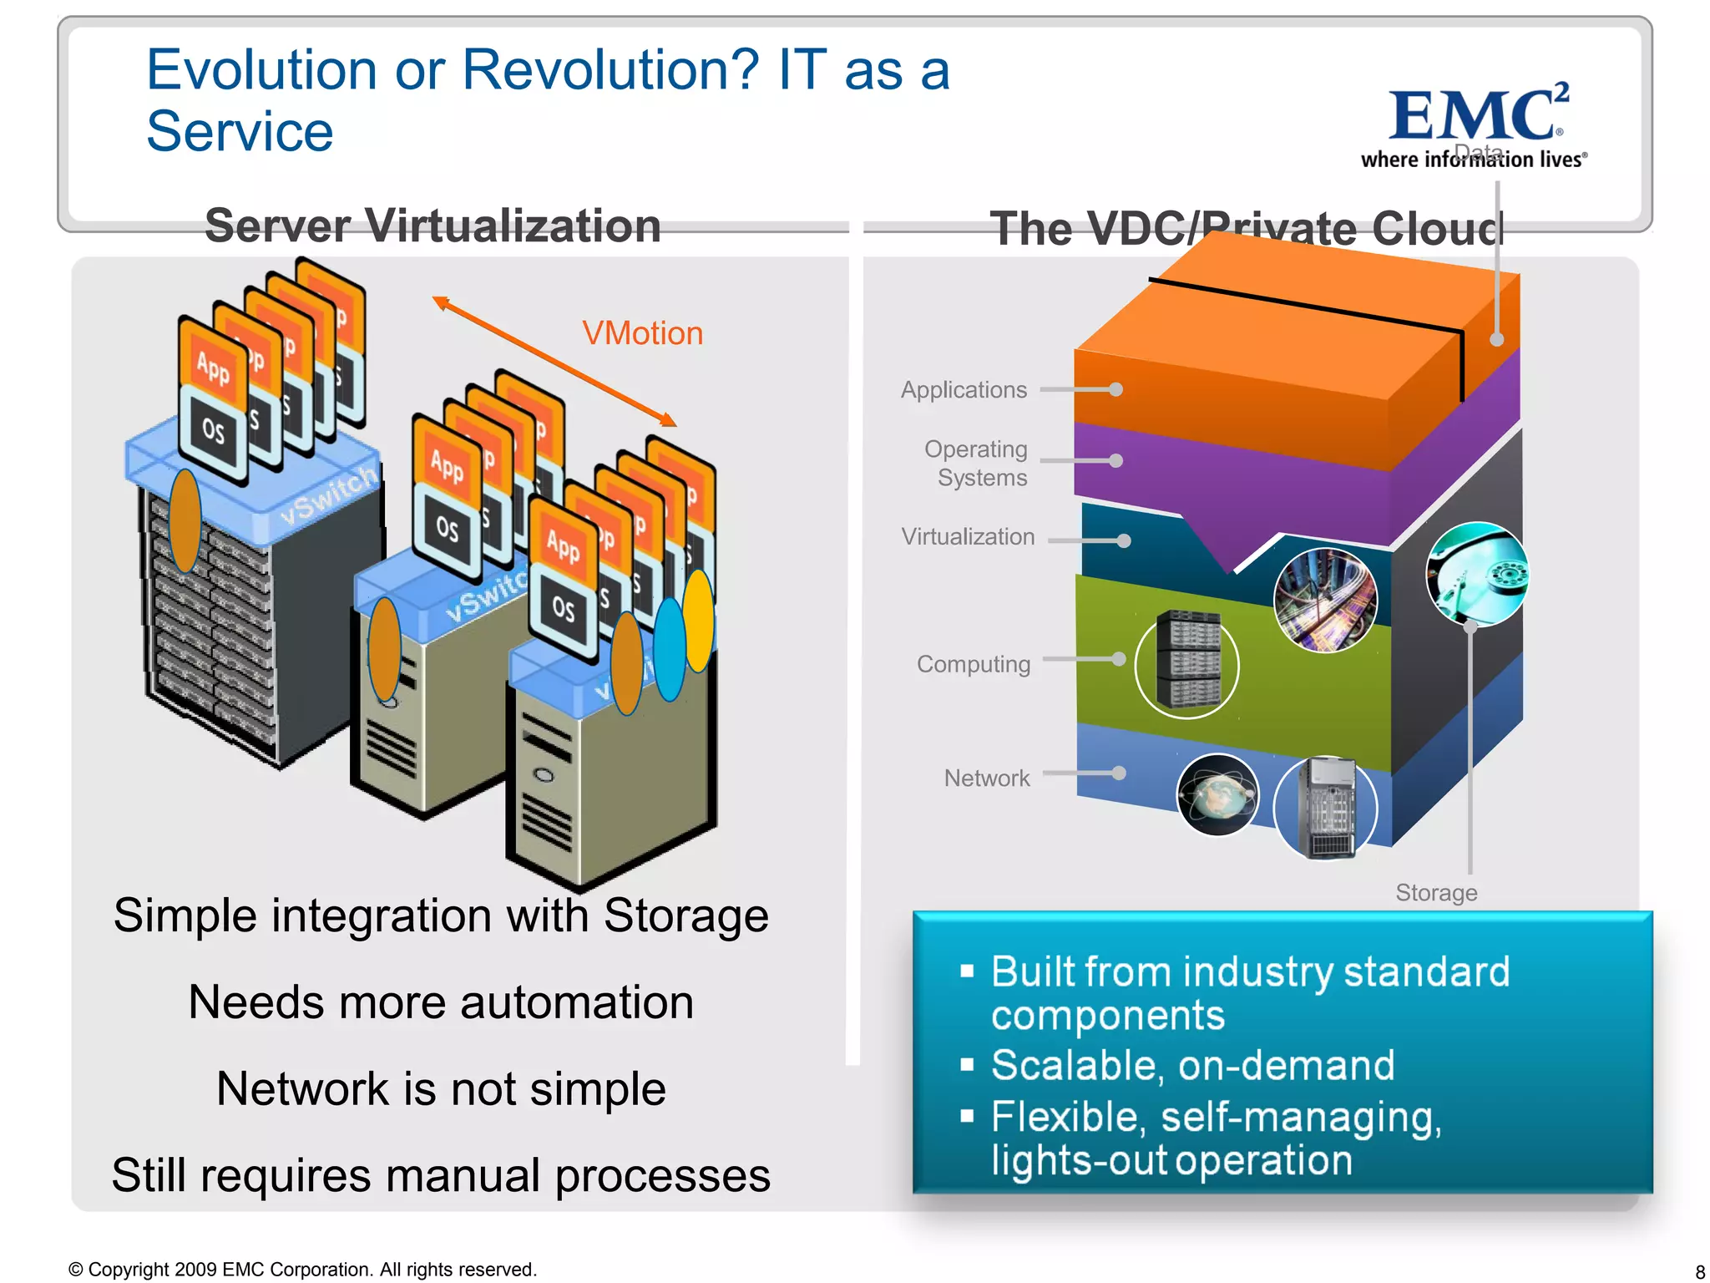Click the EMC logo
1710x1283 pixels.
(1475, 125)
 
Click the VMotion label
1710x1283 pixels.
(642, 333)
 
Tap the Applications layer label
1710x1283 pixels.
(964, 390)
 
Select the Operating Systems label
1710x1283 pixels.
(976, 463)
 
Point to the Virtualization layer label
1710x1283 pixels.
(968, 537)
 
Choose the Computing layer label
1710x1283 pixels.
(974, 664)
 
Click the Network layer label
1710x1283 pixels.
(987, 778)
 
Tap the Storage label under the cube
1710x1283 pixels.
(1436, 893)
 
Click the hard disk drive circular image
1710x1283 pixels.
(1477, 574)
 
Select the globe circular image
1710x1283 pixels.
(1217, 795)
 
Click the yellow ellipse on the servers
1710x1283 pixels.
(699, 620)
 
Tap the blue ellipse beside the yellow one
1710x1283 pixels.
(669, 648)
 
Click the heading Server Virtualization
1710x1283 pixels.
(433, 226)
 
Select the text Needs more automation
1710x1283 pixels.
(441, 1002)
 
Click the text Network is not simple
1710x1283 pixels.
(441, 1089)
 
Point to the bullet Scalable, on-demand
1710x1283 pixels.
(1192, 1066)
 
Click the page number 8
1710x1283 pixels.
(1699, 1272)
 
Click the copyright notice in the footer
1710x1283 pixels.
(302, 1270)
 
